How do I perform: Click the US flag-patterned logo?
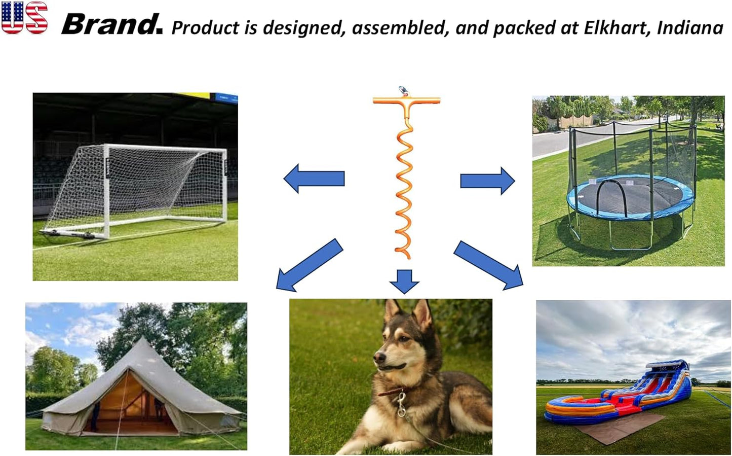click(24, 18)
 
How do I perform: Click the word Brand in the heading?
click(111, 24)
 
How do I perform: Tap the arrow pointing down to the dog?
click(404, 281)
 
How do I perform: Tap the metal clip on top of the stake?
click(404, 91)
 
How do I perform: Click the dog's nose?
click(377, 357)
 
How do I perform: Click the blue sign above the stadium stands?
click(226, 97)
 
